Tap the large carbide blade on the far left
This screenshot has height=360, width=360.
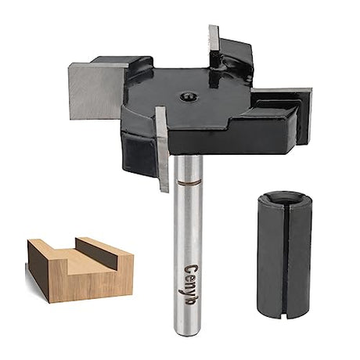[94, 91]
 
